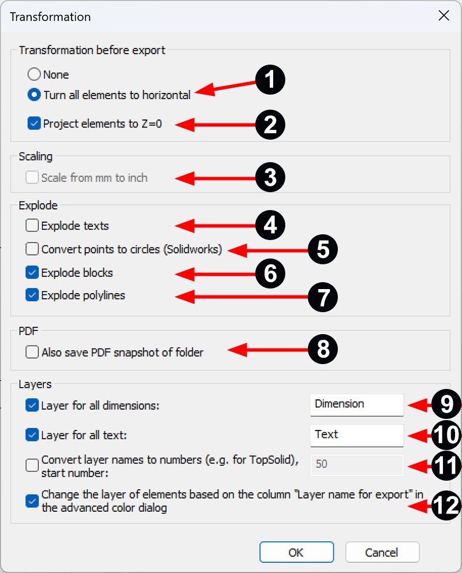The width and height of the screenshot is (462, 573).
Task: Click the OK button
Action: pyautogui.click(x=296, y=552)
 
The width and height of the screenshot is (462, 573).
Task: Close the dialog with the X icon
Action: pyautogui.click(x=444, y=16)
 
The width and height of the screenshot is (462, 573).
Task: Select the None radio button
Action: pyautogui.click(x=35, y=74)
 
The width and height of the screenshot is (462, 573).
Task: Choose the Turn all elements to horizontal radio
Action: pyautogui.click(x=35, y=95)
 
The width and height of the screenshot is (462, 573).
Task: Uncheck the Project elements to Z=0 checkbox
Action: pyautogui.click(x=33, y=123)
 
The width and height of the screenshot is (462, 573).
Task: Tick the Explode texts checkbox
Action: pyautogui.click(x=32, y=226)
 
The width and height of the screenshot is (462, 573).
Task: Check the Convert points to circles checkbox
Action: pyautogui.click(x=32, y=249)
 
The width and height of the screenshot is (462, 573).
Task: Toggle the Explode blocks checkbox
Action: pyautogui.click(x=32, y=272)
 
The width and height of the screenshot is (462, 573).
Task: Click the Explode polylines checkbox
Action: pyautogui.click(x=32, y=295)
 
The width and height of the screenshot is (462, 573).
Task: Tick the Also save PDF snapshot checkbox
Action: pyautogui.click(x=32, y=352)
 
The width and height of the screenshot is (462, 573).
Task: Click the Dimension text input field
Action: pyautogui.click(x=356, y=405)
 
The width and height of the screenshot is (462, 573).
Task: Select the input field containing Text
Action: pyautogui.click(x=356, y=435)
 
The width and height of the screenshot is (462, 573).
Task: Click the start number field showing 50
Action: pyautogui.click(x=356, y=464)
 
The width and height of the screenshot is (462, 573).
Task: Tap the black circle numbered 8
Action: pyautogui.click(x=322, y=350)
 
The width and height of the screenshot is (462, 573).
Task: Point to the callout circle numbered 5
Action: pyautogui.click(x=322, y=250)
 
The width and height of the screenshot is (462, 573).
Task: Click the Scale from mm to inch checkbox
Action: pyautogui.click(x=32, y=178)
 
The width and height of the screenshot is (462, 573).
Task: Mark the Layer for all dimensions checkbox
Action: pyautogui.click(x=32, y=406)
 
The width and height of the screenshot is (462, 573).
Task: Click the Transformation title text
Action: pyautogui.click(x=50, y=17)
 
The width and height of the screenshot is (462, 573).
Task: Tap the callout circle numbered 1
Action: pyautogui.click(x=270, y=80)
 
